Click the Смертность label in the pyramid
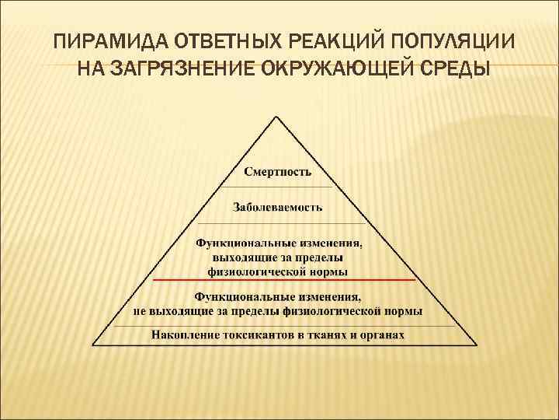coord(278,171)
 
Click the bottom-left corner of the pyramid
coord(93,345)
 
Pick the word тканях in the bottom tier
coord(328,335)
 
